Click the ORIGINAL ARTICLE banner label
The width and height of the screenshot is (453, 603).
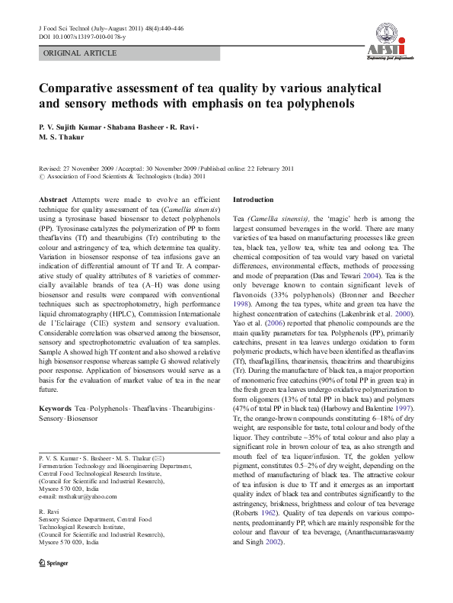pos(80,53)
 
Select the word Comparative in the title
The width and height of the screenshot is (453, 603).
pos(81,87)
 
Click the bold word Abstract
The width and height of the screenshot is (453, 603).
pos(53,199)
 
